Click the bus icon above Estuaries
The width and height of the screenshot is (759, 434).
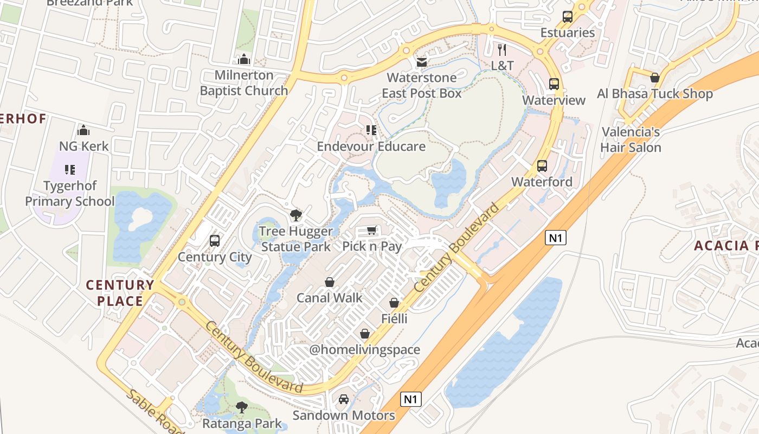point(568,16)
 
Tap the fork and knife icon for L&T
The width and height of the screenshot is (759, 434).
point(502,50)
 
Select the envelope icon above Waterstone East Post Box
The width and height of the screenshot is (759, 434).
point(421,62)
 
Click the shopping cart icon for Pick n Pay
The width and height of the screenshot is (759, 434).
point(372,231)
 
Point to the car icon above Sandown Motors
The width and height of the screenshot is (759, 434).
point(344,399)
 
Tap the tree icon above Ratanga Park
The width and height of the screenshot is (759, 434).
point(242,407)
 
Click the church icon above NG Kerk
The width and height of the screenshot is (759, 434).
point(83,130)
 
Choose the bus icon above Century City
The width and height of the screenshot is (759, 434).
point(215,241)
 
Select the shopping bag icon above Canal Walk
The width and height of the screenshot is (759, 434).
point(329,282)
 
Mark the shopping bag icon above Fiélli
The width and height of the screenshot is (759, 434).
point(394,303)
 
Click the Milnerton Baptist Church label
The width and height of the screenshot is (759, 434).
point(244,83)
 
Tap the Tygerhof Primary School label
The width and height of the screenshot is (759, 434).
point(70,194)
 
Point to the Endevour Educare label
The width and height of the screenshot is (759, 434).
point(371,146)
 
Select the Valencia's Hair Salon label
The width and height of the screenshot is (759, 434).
point(631,140)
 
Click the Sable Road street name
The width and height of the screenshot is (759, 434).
point(155,412)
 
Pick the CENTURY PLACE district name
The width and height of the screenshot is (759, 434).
point(120,293)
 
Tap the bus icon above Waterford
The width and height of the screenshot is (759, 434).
point(542,166)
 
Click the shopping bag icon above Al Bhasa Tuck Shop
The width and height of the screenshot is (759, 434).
point(654,78)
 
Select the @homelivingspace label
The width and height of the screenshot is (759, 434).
point(365,349)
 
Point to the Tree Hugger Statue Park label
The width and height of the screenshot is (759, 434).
point(295,239)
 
